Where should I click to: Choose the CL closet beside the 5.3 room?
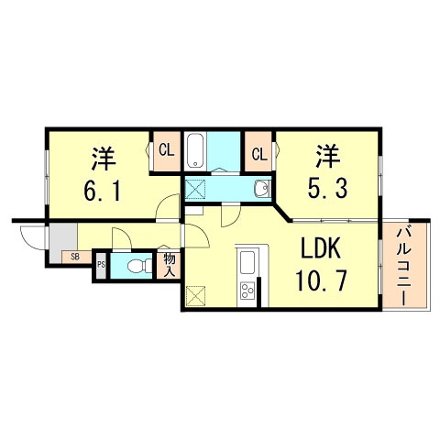pyautogui.click(x=259, y=152)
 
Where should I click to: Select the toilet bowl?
pyautogui.click(x=138, y=267)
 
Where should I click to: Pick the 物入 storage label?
pyautogui.click(x=169, y=265)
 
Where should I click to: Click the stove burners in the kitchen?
pyautogui.click(x=248, y=292)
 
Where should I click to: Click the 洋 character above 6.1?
pyautogui.click(x=102, y=157)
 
